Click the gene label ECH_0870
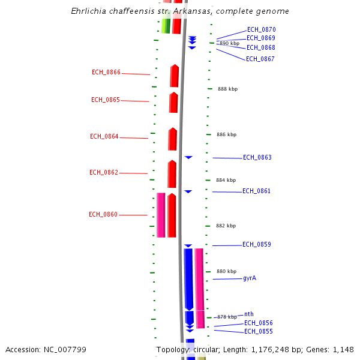pyautogui.click(x=261, y=29)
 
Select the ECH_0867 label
pyautogui.click(x=260, y=59)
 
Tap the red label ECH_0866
pyautogui.click(x=106, y=73)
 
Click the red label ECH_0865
pyautogui.click(x=106, y=100)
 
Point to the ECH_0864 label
pyautogui.click(x=104, y=137)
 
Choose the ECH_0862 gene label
pyautogui.click(x=104, y=173)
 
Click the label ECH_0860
pyautogui.click(x=103, y=215)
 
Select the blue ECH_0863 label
pyautogui.click(x=257, y=158)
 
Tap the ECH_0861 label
pyautogui.click(x=256, y=191)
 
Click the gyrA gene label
pyautogui.click(x=250, y=278)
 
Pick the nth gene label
pyautogui.click(x=249, y=314)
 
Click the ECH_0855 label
pyautogui.click(x=258, y=332)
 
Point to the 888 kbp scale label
pyautogui.click(x=227, y=89)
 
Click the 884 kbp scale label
pyautogui.click(x=226, y=180)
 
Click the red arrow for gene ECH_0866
pyautogui.click(x=175, y=76)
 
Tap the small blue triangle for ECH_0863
pyautogui.click(x=188, y=157)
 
